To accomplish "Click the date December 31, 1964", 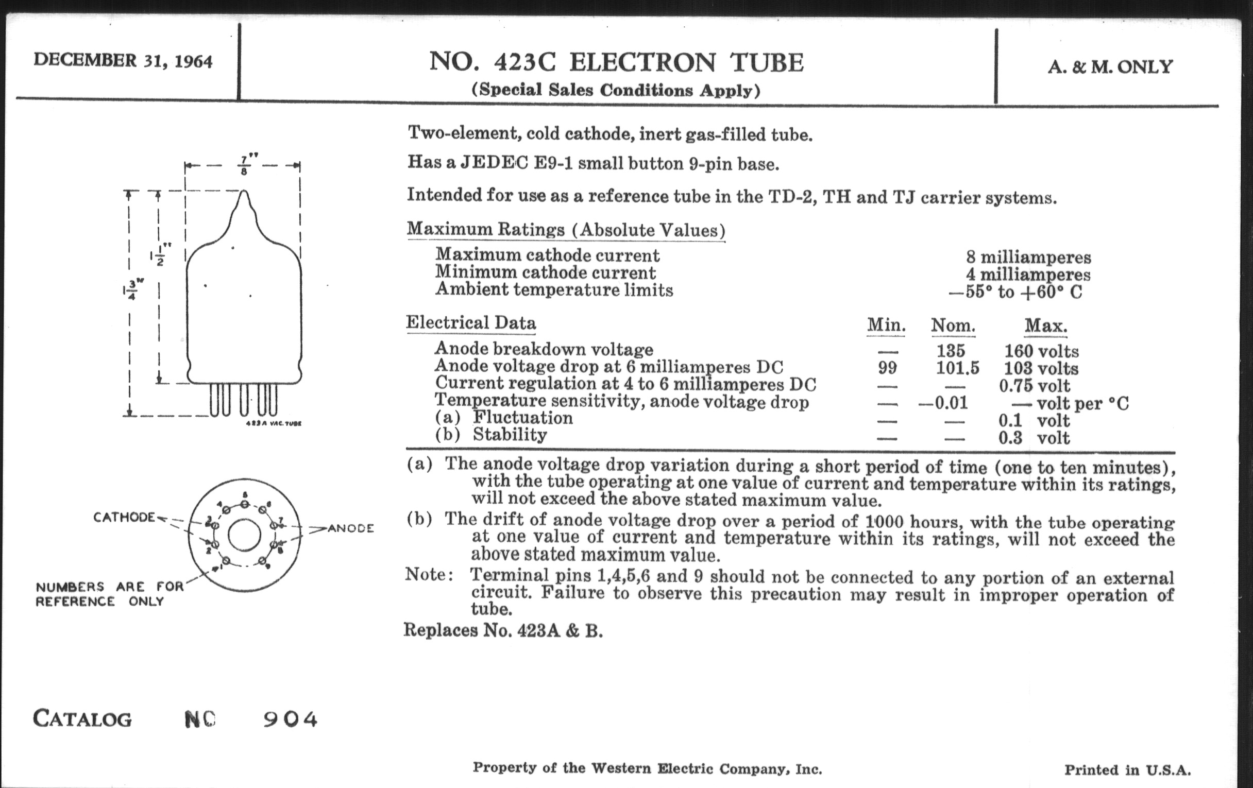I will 123,61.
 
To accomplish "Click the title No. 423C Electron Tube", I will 617,63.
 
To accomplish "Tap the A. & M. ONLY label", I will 1110,66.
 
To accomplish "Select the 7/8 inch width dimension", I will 244,165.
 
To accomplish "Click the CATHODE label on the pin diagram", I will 124,517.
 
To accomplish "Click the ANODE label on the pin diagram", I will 350,528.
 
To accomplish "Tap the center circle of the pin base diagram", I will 244,535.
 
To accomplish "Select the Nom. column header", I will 953,326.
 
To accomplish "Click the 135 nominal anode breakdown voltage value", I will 951,350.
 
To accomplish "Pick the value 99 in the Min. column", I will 887,368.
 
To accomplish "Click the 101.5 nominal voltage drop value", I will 957,368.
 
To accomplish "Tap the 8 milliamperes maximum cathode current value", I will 1028,257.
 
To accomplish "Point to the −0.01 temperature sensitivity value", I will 943,403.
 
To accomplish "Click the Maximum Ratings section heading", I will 566,229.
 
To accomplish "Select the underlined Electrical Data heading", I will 471,322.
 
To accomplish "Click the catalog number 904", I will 290,720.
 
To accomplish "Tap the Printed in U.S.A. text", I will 1127,770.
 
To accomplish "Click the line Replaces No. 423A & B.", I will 503,630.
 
